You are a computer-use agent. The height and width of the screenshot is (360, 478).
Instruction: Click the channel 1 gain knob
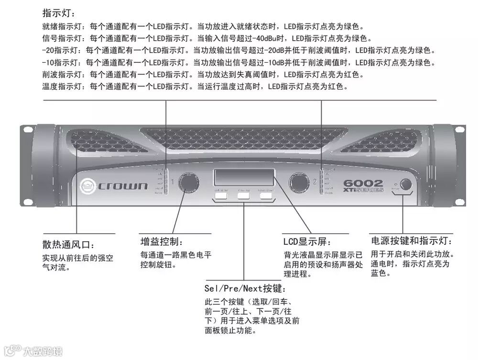click(x=188, y=184)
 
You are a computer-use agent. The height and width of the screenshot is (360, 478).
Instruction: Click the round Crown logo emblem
click(x=88, y=185)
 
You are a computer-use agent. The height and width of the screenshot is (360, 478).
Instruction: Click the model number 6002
click(x=363, y=183)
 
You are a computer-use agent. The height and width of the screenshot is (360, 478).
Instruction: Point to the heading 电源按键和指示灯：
click(x=412, y=240)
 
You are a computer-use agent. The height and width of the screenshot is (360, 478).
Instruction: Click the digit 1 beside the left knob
click(x=173, y=182)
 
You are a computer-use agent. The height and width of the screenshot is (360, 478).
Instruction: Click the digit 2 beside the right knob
click(x=315, y=182)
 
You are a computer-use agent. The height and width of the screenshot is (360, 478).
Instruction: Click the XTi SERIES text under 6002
click(x=363, y=190)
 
